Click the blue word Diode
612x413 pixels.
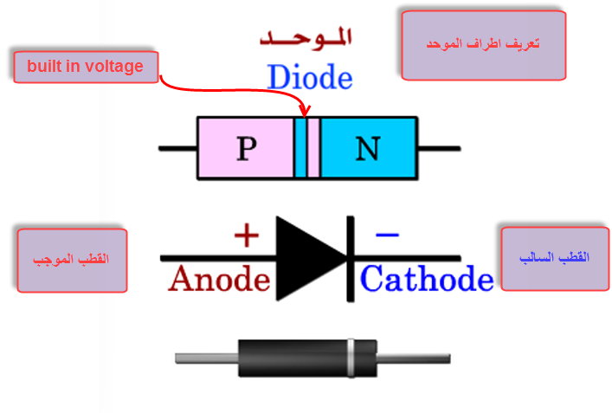coord(310,77)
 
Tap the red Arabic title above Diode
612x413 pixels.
coord(309,39)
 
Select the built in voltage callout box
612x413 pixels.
coord(85,67)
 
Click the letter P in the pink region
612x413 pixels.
coord(247,149)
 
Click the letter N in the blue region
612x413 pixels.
coord(368,149)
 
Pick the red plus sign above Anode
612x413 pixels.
coord(247,234)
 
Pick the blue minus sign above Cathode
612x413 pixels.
coord(387,234)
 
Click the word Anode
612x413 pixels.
coord(219,279)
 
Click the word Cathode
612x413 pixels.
coord(427,279)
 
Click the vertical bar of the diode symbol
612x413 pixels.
coord(351,258)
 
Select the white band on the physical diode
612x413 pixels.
coord(351,357)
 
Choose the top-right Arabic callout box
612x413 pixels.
coord(484,45)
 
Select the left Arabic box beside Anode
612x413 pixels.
coord(71,260)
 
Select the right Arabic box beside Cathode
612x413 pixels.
coord(556,259)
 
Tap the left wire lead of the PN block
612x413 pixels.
coord(177,149)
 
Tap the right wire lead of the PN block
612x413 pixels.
coord(440,149)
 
